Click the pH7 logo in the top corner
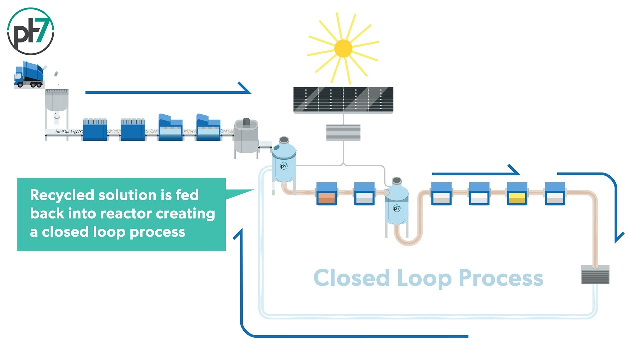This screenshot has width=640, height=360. [x=31, y=31]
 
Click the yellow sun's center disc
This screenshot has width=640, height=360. [x=343, y=48]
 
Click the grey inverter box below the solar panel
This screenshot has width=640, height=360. [x=343, y=133]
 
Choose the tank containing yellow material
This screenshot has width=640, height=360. [x=517, y=194]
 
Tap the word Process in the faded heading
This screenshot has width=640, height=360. [x=500, y=278]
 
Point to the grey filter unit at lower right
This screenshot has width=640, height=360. [x=595, y=274]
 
